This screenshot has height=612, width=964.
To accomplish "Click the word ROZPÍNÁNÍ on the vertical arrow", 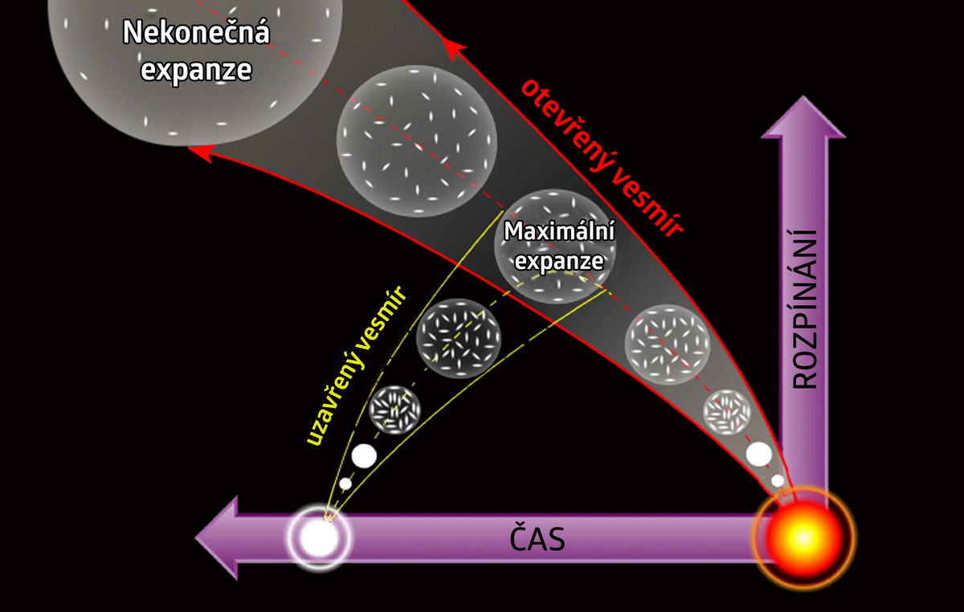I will pos(804,308).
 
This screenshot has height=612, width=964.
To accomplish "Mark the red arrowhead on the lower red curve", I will pos(201,152).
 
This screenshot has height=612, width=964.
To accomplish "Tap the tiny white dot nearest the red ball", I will pos(778,480).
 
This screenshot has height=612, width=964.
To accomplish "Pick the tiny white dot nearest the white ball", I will pos(345,483).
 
